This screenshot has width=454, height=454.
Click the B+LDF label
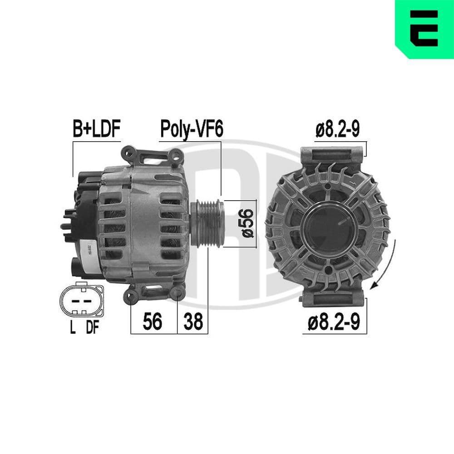click(x=96, y=129)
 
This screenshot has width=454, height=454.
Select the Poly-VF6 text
click(x=192, y=129)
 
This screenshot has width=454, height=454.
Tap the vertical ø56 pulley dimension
click(x=247, y=223)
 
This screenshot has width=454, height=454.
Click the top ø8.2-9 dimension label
click(x=338, y=129)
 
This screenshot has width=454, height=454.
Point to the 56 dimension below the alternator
click(x=153, y=322)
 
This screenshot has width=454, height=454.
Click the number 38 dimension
click(x=193, y=322)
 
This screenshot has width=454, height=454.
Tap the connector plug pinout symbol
click(x=81, y=301)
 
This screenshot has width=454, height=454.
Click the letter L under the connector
click(x=72, y=328)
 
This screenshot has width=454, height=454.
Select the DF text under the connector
click(x=92, y=328)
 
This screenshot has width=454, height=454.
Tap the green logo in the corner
click(x=424, y=29)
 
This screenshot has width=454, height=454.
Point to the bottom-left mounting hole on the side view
click(x=132, y=296)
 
